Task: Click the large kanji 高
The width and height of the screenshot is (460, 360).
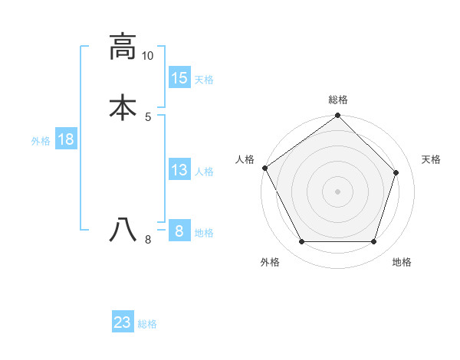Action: coord(123,47)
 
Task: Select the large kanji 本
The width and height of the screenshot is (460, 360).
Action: coord(123,107)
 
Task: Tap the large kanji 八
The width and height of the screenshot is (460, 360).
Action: coord(123,229)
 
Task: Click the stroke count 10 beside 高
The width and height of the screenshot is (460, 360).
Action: coord(148,56)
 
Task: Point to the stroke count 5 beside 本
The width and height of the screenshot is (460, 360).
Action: coord(148,116)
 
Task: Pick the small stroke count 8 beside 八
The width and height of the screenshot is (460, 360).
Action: coord(148,240)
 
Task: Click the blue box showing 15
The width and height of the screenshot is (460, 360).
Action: coord(179,78)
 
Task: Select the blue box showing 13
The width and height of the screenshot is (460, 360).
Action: coord(179,170)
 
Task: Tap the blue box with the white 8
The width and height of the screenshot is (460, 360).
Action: coord(179,231)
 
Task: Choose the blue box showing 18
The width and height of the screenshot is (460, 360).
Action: coord(66,139)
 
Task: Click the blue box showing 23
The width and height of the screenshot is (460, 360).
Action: coord(123,322)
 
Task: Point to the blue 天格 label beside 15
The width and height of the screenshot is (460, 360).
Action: coord(204,79)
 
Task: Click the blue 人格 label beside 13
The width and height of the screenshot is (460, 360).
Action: coord(204,171)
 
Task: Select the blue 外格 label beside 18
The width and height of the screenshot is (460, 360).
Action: coord(41,140)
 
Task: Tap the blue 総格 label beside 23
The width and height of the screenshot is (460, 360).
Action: coord(147,323)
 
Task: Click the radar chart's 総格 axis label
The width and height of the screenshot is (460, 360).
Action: coord(338,100)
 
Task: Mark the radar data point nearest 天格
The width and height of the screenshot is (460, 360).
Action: coord(396,172)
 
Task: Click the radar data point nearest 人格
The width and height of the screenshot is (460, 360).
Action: coord(265,168)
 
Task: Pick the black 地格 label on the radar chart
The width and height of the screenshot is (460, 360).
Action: coord(402,262)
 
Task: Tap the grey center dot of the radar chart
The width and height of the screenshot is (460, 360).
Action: coord(338,191)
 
